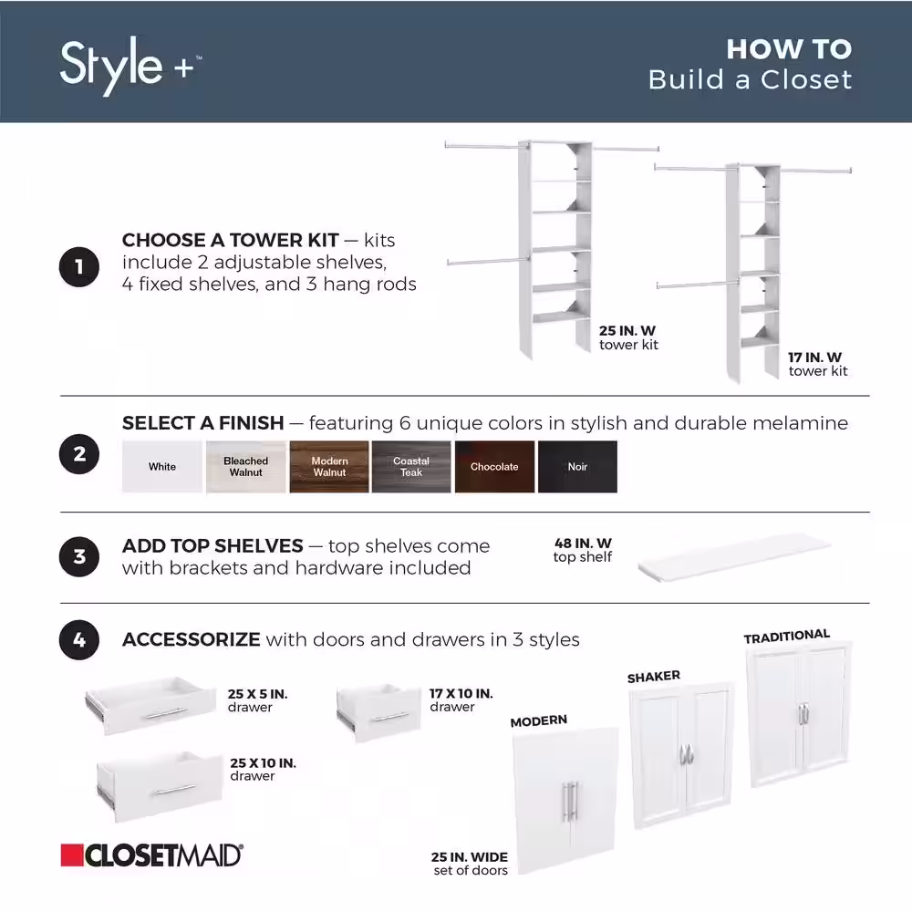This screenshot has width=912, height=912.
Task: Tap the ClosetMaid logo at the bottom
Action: click(x=151, y=855)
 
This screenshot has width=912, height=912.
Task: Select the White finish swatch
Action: click(x=162, y=467)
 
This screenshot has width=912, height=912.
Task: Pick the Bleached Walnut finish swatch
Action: click(x=245, y=467)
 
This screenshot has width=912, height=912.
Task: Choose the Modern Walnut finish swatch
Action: click(x=329, y=467)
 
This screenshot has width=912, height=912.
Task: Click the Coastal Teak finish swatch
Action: click(x=411, y=467)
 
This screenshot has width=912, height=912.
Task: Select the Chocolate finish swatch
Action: click(x=494, y=467)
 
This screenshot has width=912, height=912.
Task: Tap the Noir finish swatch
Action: click(x=577, y=467)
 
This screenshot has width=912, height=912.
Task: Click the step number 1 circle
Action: click(x=79, y=268)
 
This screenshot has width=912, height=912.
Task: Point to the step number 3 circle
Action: click(x=79, y=556)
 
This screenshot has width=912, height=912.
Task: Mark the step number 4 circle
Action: click(x=79, y=640)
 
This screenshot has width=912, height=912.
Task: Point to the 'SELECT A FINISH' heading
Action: click(x=203, y=423)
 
